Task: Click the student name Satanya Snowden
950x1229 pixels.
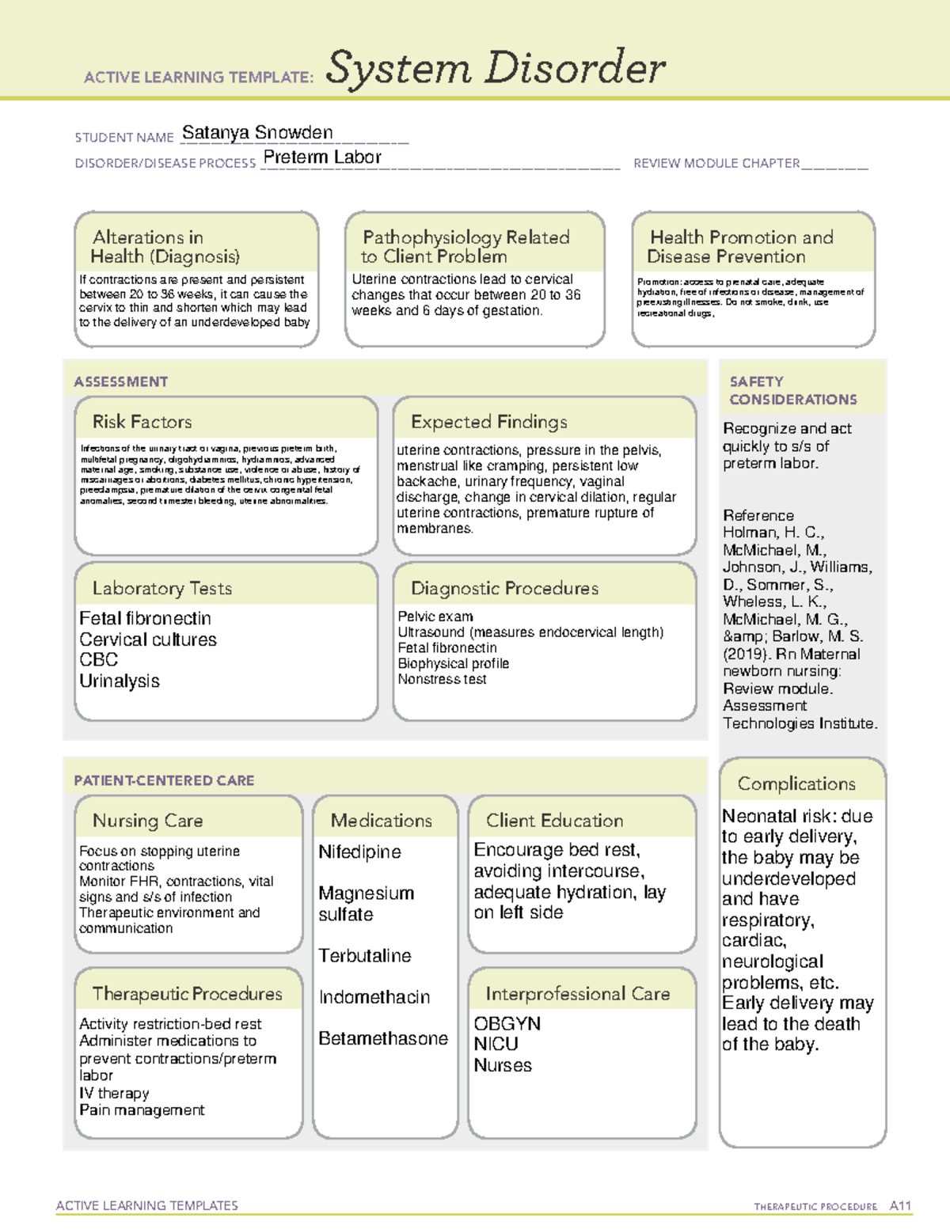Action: click(257, 133)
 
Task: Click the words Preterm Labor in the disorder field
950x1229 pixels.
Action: click(322, 157)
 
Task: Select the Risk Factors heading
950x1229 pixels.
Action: click(142, 422)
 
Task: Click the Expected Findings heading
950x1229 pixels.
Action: click(488, 422)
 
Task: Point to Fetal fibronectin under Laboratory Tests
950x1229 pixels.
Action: click(145, 618)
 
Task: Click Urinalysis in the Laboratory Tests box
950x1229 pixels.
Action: click(120, 681)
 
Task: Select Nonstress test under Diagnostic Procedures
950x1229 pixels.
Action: click(442, 680)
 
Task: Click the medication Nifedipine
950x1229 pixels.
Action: click(359, 852)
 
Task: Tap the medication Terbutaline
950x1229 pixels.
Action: click(364, 956)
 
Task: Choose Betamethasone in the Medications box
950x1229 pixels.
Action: click(383, 1038)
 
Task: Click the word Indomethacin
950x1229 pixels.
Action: click(374, 997)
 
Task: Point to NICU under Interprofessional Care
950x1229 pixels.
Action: click(496, 1045)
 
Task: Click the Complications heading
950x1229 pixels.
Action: click(796, 783)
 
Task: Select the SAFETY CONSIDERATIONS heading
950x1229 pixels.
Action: click(792, 391)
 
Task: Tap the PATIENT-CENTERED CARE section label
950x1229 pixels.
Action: click(164, 780)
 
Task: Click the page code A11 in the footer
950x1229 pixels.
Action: click(900, 1206)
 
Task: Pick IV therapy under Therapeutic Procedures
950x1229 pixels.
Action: click(114, 1094)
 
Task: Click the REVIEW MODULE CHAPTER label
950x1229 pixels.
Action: click(716, 163)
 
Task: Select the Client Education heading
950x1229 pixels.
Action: click(554, 821)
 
